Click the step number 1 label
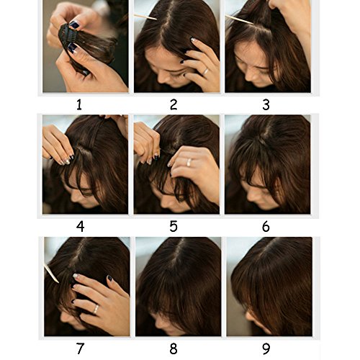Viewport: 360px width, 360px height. click(x=79, y=105)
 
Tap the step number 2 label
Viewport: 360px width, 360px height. click(x=174, y=105)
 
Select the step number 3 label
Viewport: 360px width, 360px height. click(x=266, y=105)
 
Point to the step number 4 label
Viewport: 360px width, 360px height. click(x=81, y=227)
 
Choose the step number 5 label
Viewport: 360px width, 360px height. click(x=174, y=227)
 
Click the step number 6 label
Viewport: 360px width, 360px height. click(x=266, y=227)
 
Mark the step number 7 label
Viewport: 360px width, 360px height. click(x=81, y=348)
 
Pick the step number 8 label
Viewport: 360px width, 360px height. click(x=174, y=348)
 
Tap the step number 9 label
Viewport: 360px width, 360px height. click(x=266, y=348)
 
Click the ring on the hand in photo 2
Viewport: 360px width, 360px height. click(x=205, y=71)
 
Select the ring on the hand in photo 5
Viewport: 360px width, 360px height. click(x=189, y=162)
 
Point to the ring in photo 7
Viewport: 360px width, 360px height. click(x=96, y=309)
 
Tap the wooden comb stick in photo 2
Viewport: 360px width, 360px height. click(x=145, y=17)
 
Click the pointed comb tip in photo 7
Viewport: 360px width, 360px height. click(x=58, y=282)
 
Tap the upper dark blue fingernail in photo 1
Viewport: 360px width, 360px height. click(x=74, y=24)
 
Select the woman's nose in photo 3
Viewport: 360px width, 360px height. click(x=250, y=76)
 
